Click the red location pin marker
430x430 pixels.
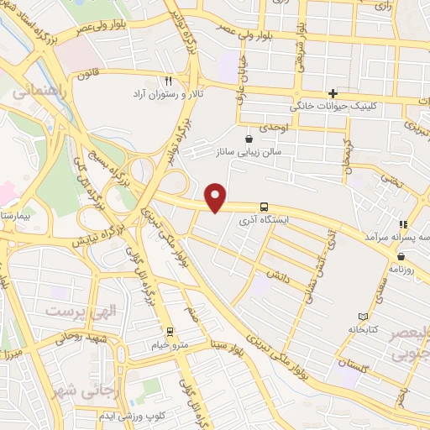[217, 197]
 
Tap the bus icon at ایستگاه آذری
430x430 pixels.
[265, 207]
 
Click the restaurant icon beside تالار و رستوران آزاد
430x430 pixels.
[168, 81]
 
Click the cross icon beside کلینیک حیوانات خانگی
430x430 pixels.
[333, 93]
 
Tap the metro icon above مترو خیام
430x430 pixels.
[170, 331]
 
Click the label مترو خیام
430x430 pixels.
[170, 344]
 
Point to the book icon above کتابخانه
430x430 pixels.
[362, 317]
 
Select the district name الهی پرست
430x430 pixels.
[71, 312]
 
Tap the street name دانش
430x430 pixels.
[279, 275]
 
